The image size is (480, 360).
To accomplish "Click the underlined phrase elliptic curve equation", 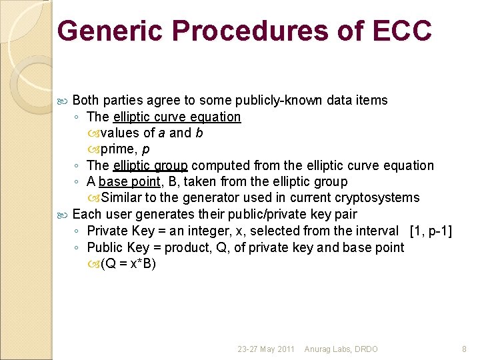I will tap(177, 117).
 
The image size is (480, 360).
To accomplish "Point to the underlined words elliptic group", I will tap(150, 165).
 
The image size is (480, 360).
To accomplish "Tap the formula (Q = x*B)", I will tap(128, 263).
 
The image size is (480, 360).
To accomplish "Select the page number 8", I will tap(465, 349).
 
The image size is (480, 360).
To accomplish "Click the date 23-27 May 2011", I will tap(266, 349).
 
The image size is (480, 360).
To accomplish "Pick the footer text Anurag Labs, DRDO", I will tap(341, 349).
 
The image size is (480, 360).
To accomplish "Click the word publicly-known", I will tap(274, 100).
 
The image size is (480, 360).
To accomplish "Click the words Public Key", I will tap(113, 247).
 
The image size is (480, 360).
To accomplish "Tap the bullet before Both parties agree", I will tap(63, 101).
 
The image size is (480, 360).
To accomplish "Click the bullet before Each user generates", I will tap(63, 215).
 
